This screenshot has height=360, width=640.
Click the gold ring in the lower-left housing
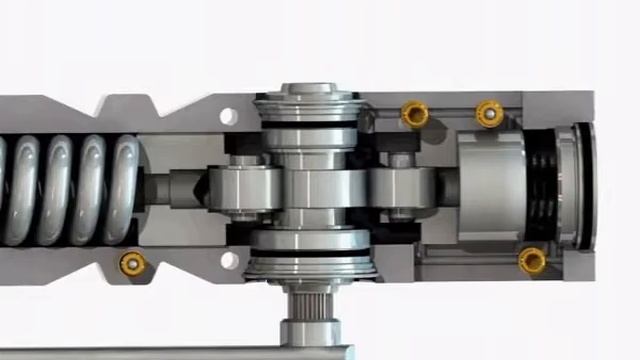(131, 264)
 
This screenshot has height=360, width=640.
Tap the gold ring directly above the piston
(489, 113)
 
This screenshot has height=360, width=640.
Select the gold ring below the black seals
(532, 261)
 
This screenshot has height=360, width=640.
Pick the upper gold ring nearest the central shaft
(415, 114)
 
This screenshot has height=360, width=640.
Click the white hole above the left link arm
(229, 116)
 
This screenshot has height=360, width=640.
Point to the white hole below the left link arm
(229, 261)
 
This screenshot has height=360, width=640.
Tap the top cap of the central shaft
(306, 101)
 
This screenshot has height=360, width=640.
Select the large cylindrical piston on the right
(491, 186)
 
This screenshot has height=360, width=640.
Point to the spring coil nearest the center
(125, 190)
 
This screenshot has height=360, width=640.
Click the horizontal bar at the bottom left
(150, 352)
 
